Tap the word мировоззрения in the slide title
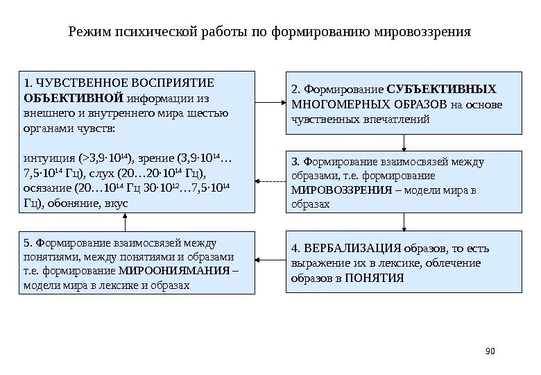422,32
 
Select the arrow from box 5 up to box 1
126,222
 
